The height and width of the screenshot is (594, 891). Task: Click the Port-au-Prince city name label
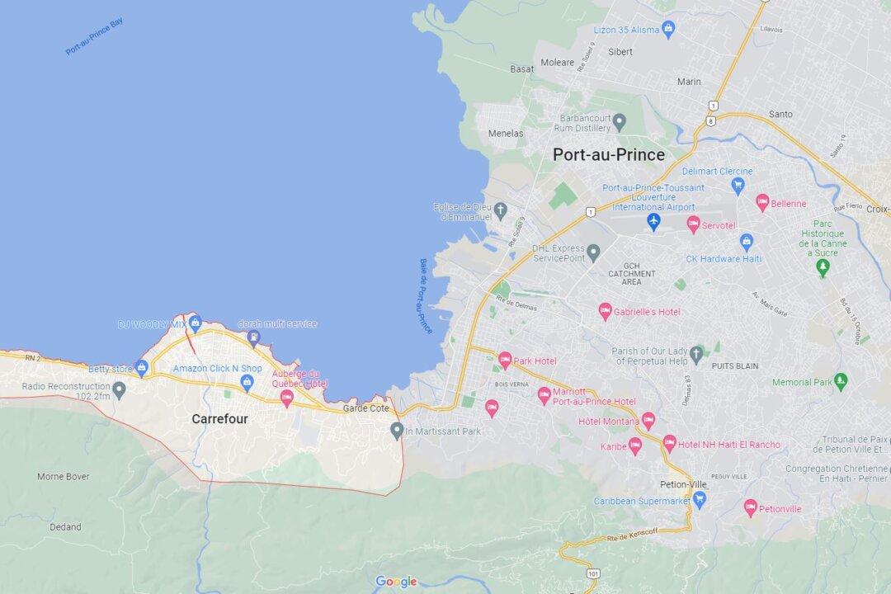[x=608, y=154]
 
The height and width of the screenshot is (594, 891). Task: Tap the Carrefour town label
[x=219, y=419]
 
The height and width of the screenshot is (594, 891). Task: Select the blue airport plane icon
[x=654, y=222]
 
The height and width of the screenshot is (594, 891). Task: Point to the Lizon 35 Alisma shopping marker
[x=669, y=31]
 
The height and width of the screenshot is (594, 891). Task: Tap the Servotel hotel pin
[x=694, y=224]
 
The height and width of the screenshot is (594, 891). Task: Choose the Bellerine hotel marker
[x=762, y=202]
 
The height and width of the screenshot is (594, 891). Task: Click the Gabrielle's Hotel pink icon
[x=605, y=311]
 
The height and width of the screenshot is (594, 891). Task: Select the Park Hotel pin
[x=505, y=360]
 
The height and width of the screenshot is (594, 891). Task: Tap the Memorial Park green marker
[x=841, y=381]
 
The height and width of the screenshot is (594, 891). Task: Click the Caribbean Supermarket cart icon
[x=700, y=499]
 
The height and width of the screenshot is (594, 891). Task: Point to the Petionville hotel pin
[x=750, y=507]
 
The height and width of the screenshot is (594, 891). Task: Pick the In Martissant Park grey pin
[x=397, y=430]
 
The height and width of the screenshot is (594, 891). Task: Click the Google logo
[x=396, y=582]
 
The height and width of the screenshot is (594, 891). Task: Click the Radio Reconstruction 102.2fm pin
[x=120, y=389]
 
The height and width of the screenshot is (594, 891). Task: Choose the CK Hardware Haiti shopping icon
[x=747, y=243]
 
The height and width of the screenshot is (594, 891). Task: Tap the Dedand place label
[x=65, y=526]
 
